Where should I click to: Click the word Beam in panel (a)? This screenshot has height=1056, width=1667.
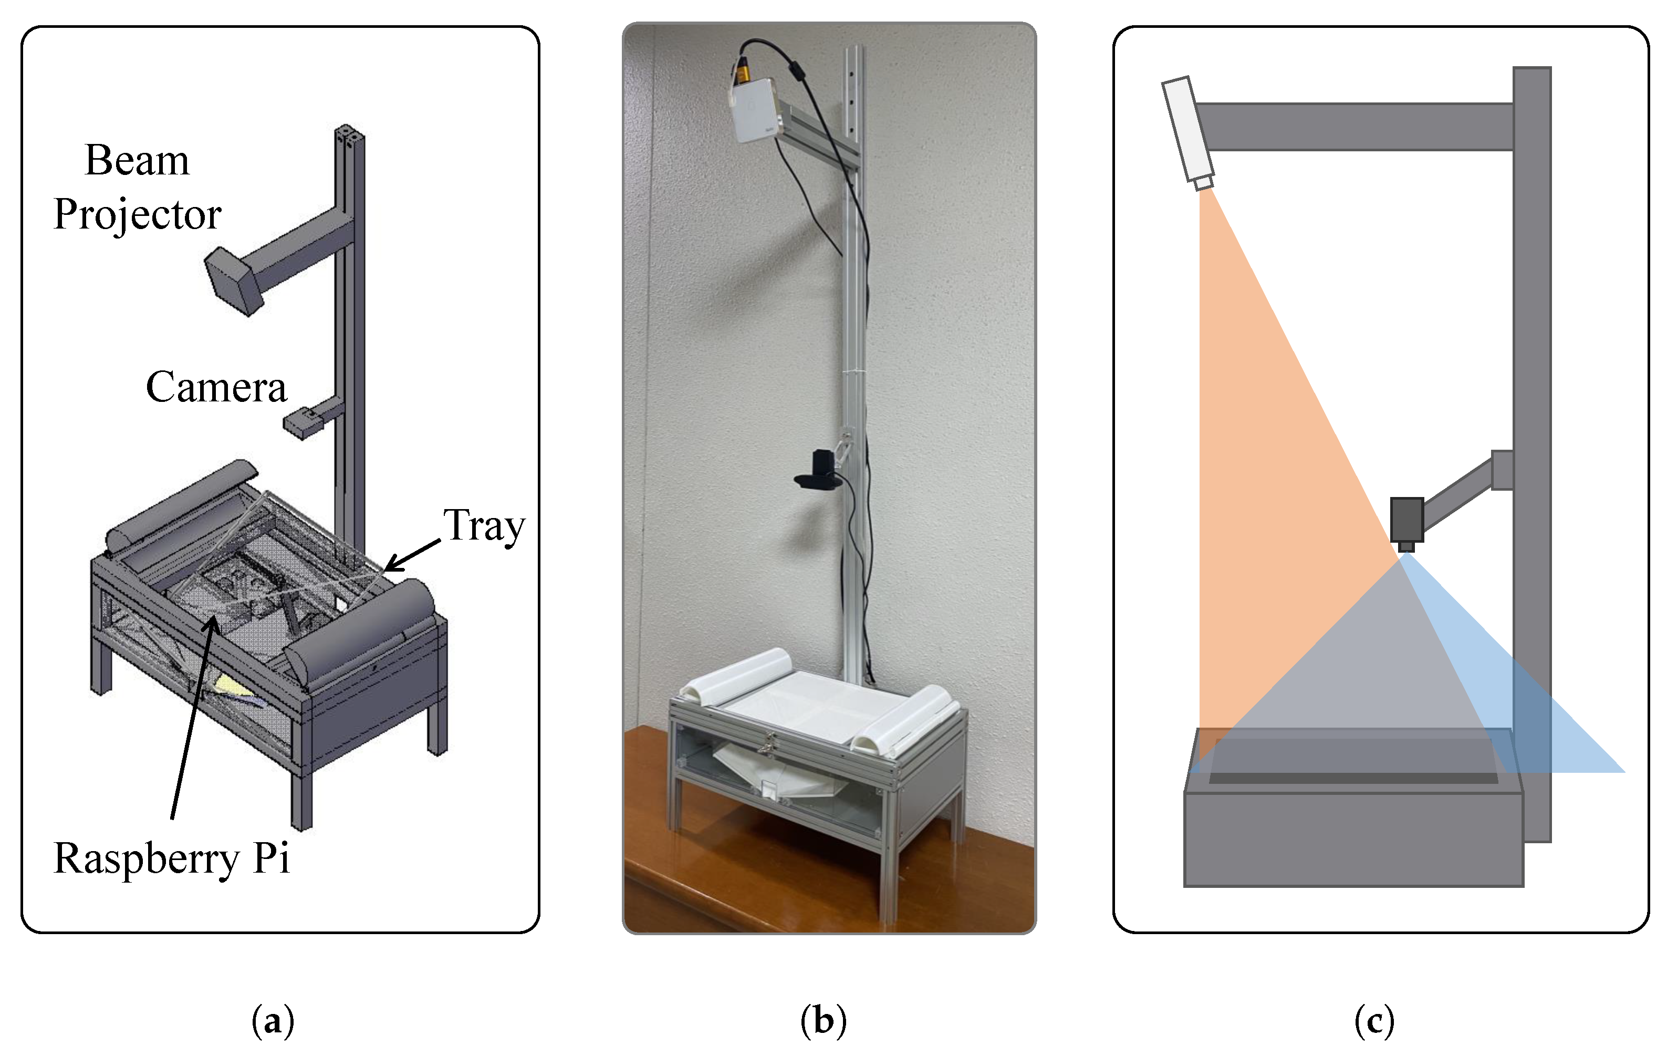click(x=137, y=161)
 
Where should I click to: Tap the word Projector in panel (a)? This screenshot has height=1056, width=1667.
click(x=137, y=215)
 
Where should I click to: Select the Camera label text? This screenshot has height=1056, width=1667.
click(x=215, y=387)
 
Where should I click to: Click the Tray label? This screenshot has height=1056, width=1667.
click(x=484, y=525)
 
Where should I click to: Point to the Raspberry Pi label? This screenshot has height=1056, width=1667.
click(x=171, y=858)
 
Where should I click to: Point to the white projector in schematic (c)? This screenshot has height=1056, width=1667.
click(x=1186, y=129)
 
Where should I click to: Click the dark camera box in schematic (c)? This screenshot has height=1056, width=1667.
click(x=1406, y=520)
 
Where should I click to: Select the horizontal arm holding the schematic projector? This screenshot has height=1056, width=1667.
click(x=1353, y=127)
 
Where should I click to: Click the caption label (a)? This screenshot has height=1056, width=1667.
click(x=273, y=1021)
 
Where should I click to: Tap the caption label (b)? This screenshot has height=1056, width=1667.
click(x=823, y=1021)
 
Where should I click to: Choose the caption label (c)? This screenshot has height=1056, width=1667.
click(x=1374, y=1021)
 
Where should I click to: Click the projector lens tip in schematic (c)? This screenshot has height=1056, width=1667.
click(x=1204, y=183)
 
